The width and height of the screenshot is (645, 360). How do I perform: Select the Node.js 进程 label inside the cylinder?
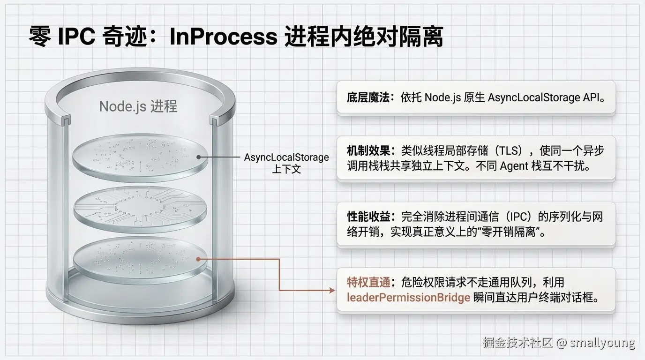point(138,106)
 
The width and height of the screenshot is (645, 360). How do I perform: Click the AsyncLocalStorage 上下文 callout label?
point(286,163)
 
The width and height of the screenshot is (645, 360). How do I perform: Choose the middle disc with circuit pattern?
point(140,206)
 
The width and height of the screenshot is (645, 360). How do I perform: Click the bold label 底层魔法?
point(367,97)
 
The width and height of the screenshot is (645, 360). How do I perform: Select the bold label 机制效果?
point(367,150)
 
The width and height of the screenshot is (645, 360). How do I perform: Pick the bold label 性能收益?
point(367,217)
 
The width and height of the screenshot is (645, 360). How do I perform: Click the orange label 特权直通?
point(367,282)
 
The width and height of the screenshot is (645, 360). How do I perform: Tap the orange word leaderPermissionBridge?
point(408,298)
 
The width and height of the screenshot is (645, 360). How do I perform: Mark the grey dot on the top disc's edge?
point(199,157)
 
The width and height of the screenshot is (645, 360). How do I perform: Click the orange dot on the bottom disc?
point(199,258)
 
